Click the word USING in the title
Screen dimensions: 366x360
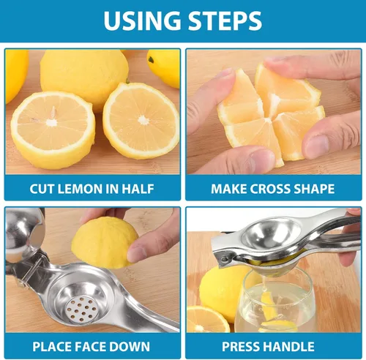(142, 20)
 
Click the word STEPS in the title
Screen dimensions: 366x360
(225, 20)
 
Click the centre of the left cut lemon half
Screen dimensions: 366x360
(53, 130)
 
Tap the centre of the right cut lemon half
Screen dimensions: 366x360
(141, 121)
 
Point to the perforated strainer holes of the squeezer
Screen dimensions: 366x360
(81, 309)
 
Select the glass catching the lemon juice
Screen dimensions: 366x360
(276, 302)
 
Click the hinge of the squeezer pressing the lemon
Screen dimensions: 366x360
(223, 258)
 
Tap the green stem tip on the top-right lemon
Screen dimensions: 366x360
(152, 60)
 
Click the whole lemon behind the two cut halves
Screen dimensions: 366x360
(84, 78)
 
